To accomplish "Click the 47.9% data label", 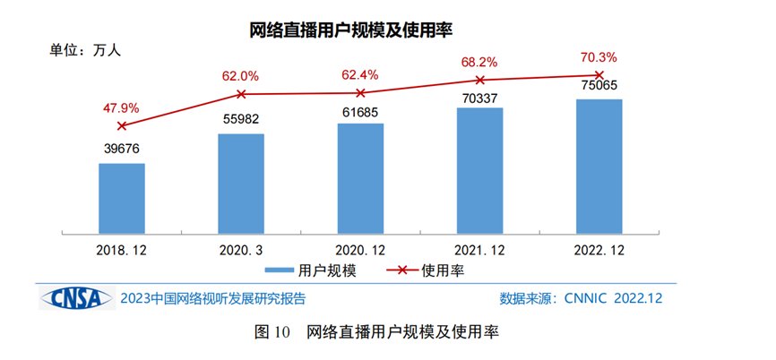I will [122, 107].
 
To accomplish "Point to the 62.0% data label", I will [241, 75].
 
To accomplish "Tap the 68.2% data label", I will [479, 63].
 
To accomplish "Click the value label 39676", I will [122, 149].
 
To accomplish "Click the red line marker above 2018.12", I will [122, 126].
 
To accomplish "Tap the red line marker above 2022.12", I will [599, 75].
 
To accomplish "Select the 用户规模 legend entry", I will [311, 269].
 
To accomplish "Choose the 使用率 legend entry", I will [427, 269].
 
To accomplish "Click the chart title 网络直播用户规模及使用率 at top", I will [351, 30].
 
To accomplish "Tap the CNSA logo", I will [75, 296].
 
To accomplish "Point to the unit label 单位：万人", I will [84, 51].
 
